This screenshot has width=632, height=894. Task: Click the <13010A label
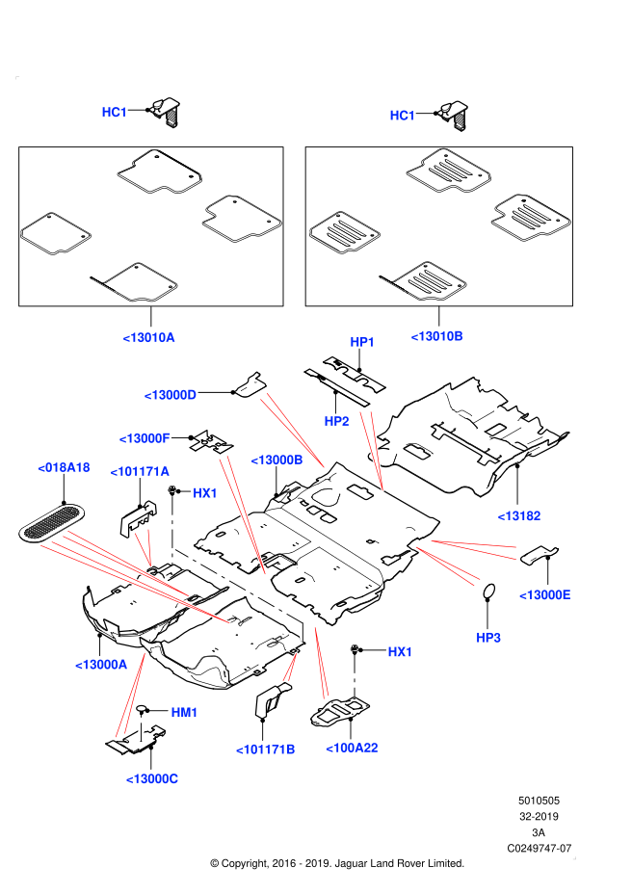(148, 337)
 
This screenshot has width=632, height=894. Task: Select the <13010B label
(436, 336)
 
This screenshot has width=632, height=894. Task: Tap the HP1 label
(362, 342)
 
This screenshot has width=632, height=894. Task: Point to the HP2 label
(336, 421)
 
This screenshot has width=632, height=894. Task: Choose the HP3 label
(488, 638)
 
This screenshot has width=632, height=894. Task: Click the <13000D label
(170, 395)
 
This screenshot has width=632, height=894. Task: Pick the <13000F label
(145, 438)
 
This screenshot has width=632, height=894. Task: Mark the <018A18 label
(64, 467)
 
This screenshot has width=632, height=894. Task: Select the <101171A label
(140, 471)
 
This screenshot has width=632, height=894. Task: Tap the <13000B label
(276, 460)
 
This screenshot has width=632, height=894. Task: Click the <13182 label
(519, 515)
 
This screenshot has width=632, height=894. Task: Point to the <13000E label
(545, 594)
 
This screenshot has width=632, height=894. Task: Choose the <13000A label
(101, 665)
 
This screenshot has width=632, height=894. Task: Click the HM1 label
(184, 712)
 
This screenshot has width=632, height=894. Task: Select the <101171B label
(266, 749)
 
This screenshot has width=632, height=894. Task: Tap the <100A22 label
(352, 748)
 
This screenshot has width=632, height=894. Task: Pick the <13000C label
(151, 778)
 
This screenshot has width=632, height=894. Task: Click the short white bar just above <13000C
(141, 728)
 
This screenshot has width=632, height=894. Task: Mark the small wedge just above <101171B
(290, 668)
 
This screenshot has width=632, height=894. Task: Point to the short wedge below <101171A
(145, 546)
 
